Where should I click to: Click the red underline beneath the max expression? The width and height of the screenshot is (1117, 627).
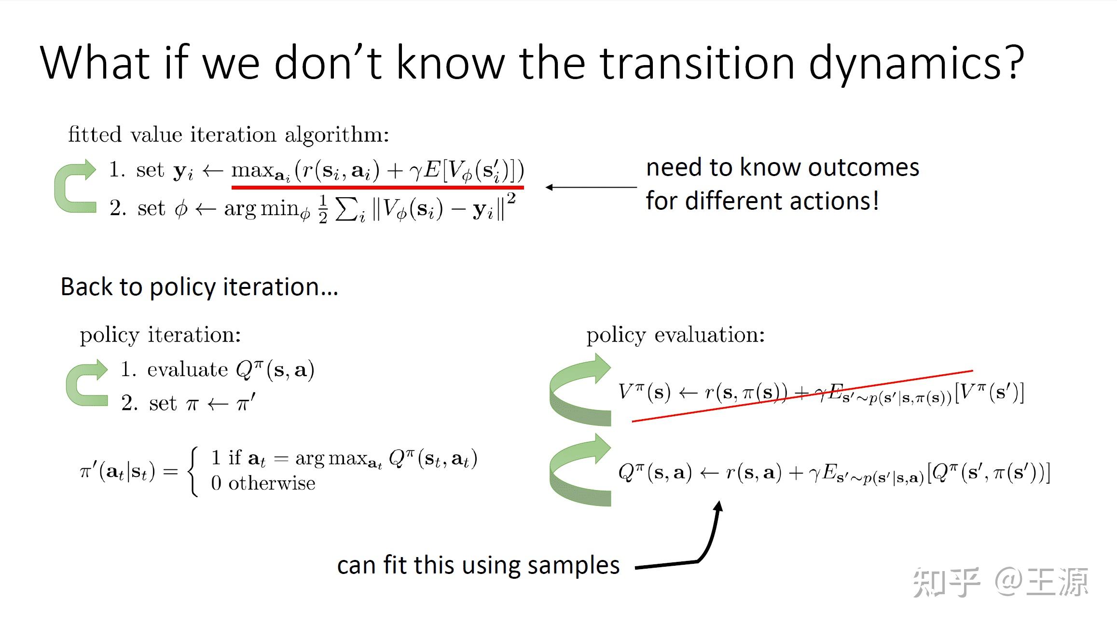377,187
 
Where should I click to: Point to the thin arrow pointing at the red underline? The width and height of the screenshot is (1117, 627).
591,187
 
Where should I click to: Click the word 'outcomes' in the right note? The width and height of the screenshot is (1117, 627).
863,167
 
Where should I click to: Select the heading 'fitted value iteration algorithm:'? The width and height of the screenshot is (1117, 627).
228,135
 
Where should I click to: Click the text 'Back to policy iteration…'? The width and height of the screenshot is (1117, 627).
199,287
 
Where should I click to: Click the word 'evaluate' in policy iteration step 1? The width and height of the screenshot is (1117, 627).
187,370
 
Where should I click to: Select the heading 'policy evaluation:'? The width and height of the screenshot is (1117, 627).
675,335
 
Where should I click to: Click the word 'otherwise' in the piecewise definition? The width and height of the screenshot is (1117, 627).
272,483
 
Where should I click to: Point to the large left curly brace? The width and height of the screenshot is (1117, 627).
193,471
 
